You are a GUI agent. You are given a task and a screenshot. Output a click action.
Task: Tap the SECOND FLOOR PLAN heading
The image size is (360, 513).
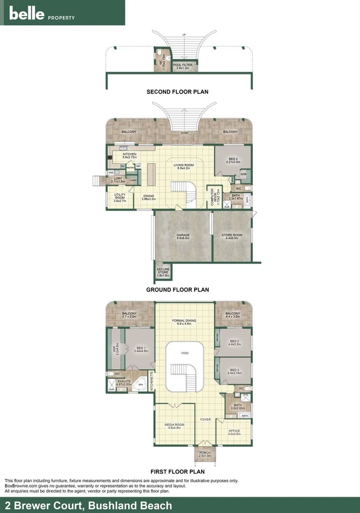click(x=178, y=92)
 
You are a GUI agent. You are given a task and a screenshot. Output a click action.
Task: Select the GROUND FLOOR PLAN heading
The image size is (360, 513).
click(x=178, y=289)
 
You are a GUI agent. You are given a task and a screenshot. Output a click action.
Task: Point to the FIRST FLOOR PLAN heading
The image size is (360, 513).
click(x=178, y=471)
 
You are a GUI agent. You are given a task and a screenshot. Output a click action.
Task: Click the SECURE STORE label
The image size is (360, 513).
click(x=163, y=272)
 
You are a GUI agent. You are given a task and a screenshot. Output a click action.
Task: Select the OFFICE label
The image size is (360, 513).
click(x=235, y=432)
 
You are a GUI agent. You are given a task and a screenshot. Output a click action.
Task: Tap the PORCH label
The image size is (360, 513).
click(x=204, y=454)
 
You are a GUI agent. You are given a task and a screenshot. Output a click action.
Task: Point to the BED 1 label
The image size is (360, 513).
click(x=142, y=349)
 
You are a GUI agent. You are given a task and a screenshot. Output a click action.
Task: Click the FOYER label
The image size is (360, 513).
click(x=206, y=420)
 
